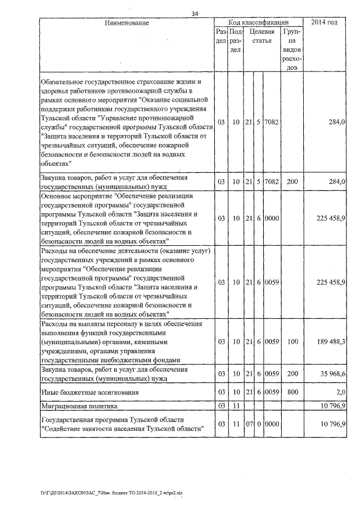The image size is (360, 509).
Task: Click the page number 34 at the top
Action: tap(195, 14)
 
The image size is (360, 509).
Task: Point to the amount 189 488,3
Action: tap(331, 341)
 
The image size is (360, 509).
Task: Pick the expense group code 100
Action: tap(292, 341)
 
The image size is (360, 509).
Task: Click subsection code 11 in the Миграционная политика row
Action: tap(235, 405)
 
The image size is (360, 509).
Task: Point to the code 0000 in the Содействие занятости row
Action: tap(272, 423)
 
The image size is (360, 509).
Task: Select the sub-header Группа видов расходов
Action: tap(292, 49)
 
